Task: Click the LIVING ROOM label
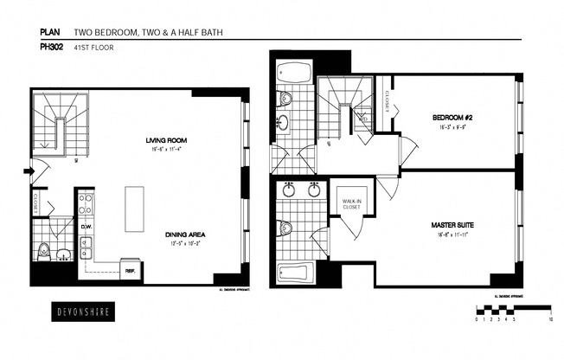point(167,139)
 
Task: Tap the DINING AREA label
point(184,235)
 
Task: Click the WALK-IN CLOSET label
point(351,205)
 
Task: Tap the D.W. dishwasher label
point(87,228)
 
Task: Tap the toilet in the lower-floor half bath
point(44,252)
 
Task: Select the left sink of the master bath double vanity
point(288,190)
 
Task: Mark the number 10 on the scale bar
point(551,318)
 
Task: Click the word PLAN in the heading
point(49,33)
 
